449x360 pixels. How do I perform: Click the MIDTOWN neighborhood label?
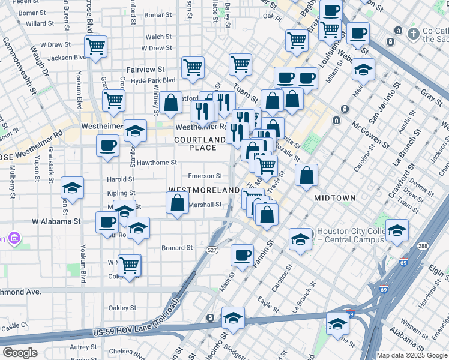pyautogui.click(x=335, y=197)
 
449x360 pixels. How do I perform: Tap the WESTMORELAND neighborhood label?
pyautogui.click(x=204, y=190)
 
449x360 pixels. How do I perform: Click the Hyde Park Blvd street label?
pyautogui.click(x=153, y=80)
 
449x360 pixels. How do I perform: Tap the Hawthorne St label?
pyautogui.click(x=157, y=163)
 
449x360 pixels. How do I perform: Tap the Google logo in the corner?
pyautogui.click(x=20, y=353)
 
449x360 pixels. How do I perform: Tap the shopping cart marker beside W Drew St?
pyautogui.click(x=96, y=46)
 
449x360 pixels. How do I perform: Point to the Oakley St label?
pyautogui.click(x=122, y=308)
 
